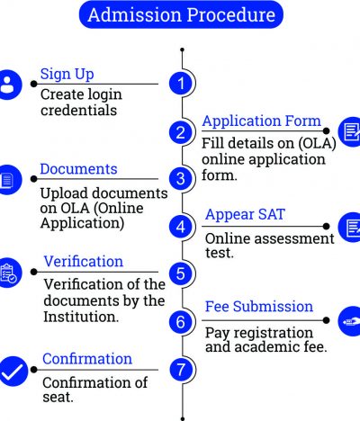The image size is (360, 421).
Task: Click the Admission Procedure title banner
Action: (181, 14)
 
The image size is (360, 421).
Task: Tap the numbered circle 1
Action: (181, 83)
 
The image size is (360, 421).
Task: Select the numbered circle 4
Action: (181, 227)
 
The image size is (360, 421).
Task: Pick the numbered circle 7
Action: (181, 370)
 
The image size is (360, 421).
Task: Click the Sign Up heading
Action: (67, 74)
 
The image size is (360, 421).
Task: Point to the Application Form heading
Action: (262, 121)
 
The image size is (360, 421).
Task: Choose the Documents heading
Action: (78, 169)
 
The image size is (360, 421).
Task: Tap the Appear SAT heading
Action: (245, 214)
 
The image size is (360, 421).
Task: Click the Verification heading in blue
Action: (84, 261)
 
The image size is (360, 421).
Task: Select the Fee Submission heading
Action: (259, 307)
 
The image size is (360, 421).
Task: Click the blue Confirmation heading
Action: (87, 359)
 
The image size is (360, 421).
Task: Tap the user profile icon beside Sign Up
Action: (8, 85)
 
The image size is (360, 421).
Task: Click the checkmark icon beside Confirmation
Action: (12, 372)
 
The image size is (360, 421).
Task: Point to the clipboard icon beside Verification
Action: (8, 273)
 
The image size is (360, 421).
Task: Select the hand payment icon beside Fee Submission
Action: (349, 321)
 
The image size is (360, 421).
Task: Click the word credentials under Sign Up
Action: (78, 110)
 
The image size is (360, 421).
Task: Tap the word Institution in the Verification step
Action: (81, 317)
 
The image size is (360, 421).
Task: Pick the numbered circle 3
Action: (181, 179)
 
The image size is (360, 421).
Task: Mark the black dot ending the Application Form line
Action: (326, 130)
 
